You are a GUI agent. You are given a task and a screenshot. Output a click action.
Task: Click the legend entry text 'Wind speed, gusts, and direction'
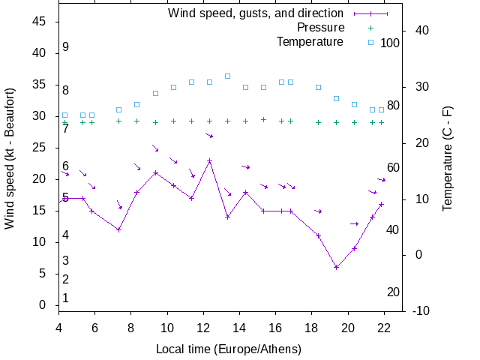pyautogui.click(x=255, y=13)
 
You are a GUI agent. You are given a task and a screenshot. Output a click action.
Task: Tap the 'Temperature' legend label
pyautogui.click(x=310, y=41)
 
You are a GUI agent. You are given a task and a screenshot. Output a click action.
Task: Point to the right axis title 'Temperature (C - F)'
pyautogui.click(x=448, y=158)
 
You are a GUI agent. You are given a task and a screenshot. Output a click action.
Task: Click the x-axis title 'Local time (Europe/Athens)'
pyautogui.click(x=229, y=349)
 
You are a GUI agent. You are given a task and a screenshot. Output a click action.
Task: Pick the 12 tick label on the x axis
pyautogui.click(x=203, y=328)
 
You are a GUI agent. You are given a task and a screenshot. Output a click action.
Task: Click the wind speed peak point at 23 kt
pyautogui.click(x=209, y=160)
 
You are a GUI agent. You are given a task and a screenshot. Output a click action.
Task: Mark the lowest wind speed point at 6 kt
pyautogui.click(x=336, y=267)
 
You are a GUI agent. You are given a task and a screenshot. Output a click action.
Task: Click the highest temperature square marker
pyautogui.click(x=227, y=76)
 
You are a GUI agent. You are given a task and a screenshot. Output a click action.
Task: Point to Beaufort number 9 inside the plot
pyautogui.click(x=66, y=47)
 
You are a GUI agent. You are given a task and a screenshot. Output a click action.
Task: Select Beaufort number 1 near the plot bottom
pyautogui.click(x=66, y=298)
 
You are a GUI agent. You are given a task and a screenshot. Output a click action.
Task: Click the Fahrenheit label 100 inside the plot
pyautogui.click(x=390, y=43)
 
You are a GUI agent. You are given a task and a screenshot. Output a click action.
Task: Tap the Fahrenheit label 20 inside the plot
pyautogui.click(x=393, y=292)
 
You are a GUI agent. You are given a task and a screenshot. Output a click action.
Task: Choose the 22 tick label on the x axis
pyautogui.click(x=384, y=328)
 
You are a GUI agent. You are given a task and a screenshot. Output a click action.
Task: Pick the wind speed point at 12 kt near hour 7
pyautogui.click(x=118, y=229)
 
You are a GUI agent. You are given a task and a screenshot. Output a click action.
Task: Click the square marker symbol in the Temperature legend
pyautogui.click(x=370, y=42)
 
